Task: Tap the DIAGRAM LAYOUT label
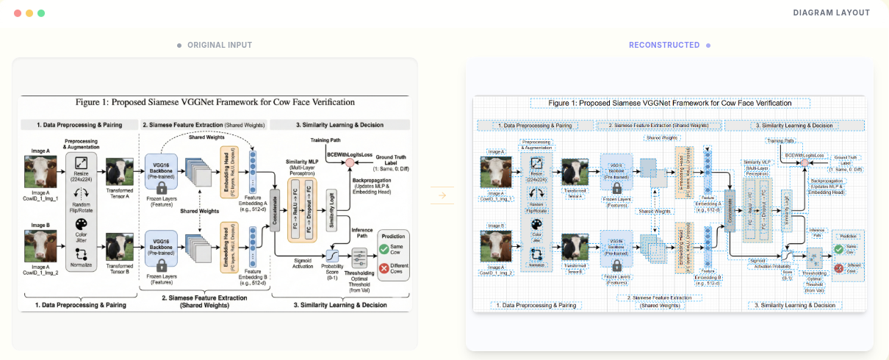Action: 831,13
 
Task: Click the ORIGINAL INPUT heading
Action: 219,46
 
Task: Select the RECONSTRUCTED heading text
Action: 664,46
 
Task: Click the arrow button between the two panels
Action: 442,195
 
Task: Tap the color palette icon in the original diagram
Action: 82,224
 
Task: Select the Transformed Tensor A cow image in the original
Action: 120,173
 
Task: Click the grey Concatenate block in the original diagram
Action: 276,200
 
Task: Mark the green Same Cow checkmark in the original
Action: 384,250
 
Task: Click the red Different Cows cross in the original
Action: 384,268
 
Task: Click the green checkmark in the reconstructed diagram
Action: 839,249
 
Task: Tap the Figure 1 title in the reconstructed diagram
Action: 670,104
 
